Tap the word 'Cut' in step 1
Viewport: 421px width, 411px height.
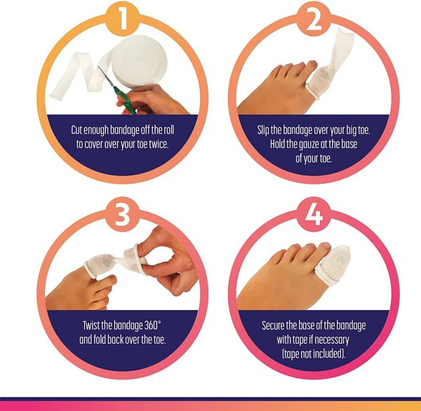[x=79, y=130]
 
